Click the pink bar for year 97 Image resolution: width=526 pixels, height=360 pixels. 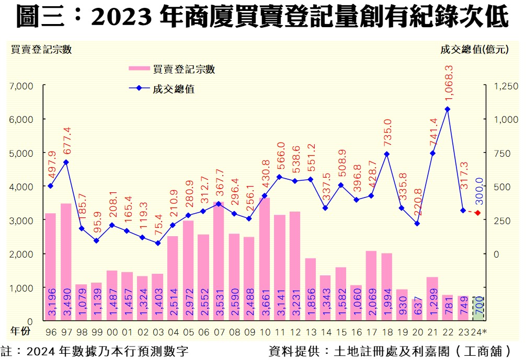tap(66, 261)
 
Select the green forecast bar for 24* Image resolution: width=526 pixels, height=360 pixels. tap(477, 309)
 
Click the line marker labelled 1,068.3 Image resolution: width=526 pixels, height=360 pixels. tap(447, 109)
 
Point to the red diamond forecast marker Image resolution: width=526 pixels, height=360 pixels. tap(478, 213)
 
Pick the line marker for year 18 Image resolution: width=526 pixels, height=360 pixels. tap(386, 154)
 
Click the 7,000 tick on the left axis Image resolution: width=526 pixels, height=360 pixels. tap(21, 86)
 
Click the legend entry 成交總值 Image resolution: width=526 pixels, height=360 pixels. tap(162, 88)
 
